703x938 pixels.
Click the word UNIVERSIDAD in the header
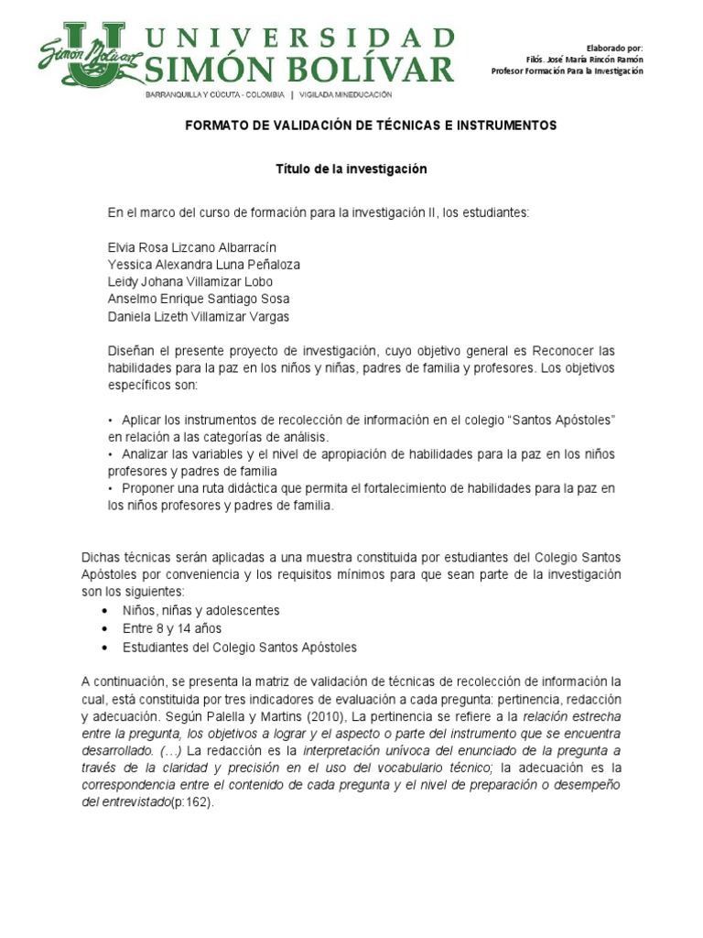pos(300,38)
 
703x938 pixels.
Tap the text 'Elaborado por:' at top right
pos(614,47)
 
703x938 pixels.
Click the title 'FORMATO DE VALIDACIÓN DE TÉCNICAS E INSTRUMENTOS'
pos(371,125)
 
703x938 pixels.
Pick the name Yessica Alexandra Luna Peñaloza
pos(204,265)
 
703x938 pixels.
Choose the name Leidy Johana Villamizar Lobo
pos(190,282)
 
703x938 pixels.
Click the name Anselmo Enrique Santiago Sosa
pos(200,300)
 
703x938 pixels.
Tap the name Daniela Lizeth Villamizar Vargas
pos(200,317)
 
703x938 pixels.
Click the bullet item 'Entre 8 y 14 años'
pos(172,628)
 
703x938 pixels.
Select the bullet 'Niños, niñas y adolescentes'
pos(201,610)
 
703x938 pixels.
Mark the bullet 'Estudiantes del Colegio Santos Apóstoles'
pos(240,647)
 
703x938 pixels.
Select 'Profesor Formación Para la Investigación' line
pos(567,71)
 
